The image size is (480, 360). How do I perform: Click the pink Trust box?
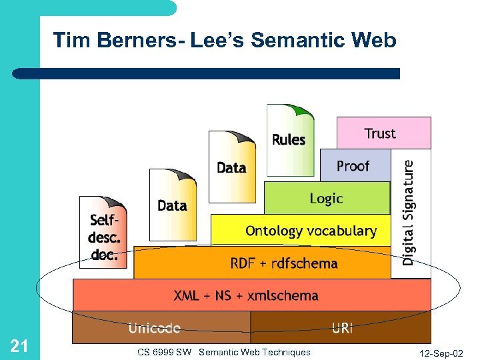tap(383, 133)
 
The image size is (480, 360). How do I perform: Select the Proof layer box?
tap(355, 165)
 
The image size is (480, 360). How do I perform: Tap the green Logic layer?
tap(327, 198)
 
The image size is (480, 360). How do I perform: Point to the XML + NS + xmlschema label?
tap(246, 295)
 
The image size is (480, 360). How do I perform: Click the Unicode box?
tap(154, 327)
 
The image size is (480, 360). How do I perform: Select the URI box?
tap(341, 327)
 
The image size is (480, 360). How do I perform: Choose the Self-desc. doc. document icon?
tap(103, 232)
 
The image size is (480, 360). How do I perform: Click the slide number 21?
tap(19, 345)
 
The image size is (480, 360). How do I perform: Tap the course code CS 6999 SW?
tap(164, 352)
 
